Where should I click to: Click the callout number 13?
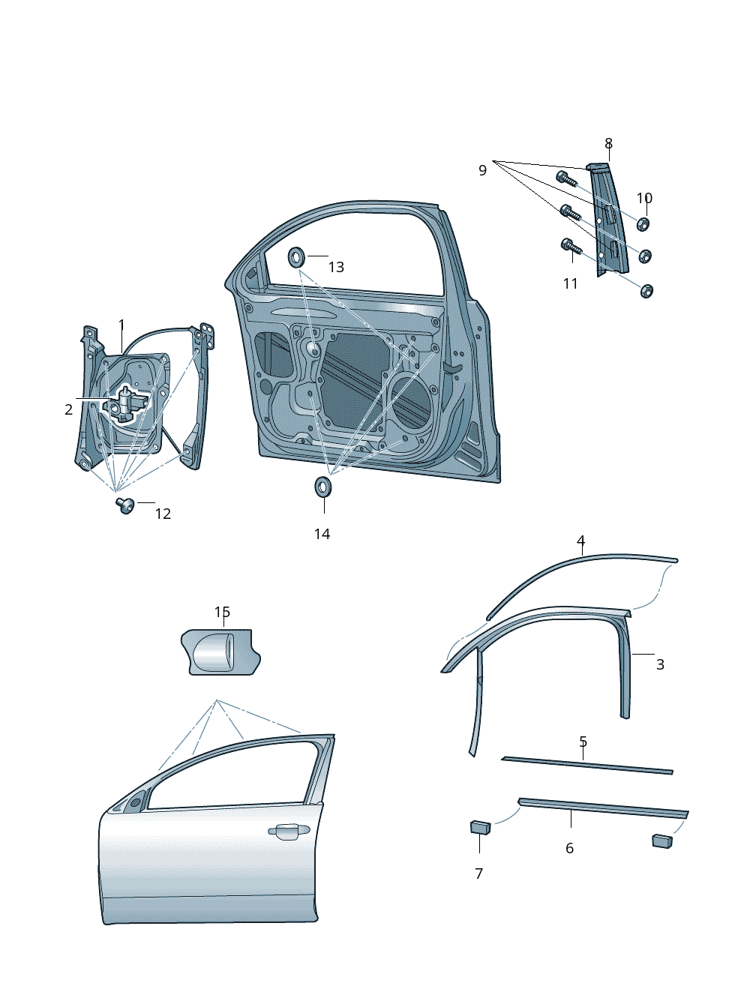pyautogui.click(x=336, y=268)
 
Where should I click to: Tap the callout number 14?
pyautogui.click(x=322, y=534)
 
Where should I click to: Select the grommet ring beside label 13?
pyautogui.click(x=297, y=257)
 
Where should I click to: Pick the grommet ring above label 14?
pyautogui.click(x=324, y=487)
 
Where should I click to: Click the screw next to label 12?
pyautogui.click(x=124, y=505)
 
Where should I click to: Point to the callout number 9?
pyautogui.click(x=482, y=170)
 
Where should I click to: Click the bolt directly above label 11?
pyautogui.click(x=569, y=246)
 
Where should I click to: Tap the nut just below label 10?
pyautogui.click(x=643, y=223)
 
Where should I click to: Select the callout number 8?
pyautogui.click(x=608, y=143)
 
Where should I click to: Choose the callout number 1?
pyautogui.click(x=121, y=325)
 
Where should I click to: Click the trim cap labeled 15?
pyautogui.click(x=220, y=652)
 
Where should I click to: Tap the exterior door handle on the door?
pyautogui.click(x=289, y=831)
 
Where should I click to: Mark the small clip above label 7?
pyautogui.click(x=480, y=827)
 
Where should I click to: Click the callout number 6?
pyautogui.click(x=569, y=848)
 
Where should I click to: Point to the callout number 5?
pyautogui.click(x=583, y=742)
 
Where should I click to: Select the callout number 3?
pyautogui.click(x=660, y=664)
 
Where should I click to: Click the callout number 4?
pyautogui.click(x=580, y=541)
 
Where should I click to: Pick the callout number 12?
pyautogui.click(x=163, y=514)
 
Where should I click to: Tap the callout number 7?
pyautogui.click(x=478, y=874)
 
